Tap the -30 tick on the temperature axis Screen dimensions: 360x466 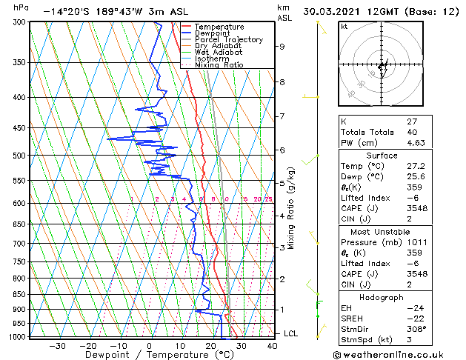click(57, 345)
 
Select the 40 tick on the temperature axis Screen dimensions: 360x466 click(272, 345)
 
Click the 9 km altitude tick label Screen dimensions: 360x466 click(282, 47)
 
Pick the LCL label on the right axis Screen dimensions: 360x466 click(291, 333)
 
